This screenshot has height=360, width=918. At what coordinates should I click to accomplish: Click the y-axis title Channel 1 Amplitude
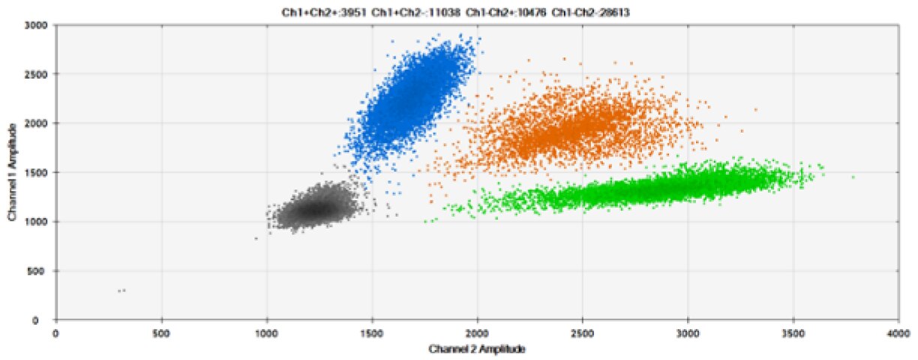click(x=13, y=172)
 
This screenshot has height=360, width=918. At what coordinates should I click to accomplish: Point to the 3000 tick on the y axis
click(x=37, y=25)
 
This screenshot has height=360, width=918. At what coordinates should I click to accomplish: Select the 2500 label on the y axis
click(x=37, y=74)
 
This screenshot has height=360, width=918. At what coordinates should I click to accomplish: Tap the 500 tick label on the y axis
click(x=40, y=271)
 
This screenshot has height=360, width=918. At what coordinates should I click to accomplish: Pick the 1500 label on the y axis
click(x=37, y=172)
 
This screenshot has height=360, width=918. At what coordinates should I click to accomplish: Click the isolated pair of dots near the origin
click(x=121, y=290)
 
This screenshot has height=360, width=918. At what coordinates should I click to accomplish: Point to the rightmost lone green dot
click(x=853, y=177)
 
